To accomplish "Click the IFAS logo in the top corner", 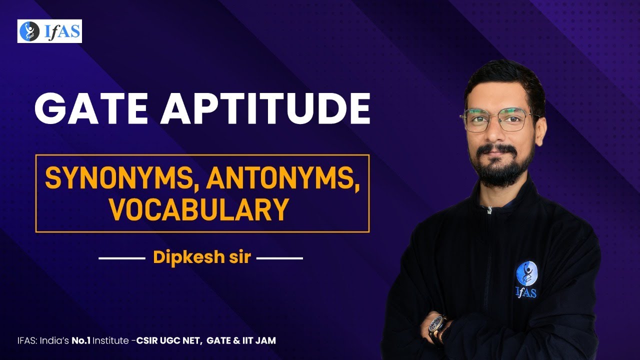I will tap(49, 31).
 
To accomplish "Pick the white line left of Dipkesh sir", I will tap(121, 259).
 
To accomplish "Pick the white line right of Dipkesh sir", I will tap(279, 259).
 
